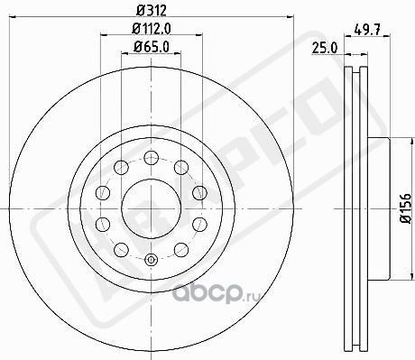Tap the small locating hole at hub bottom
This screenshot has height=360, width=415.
pyautogui.click(x=151, y=263)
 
